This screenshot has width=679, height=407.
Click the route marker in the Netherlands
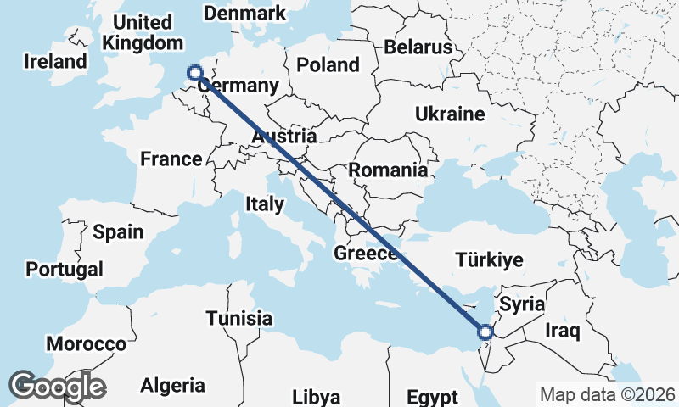195,73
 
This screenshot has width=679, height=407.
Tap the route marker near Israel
485,332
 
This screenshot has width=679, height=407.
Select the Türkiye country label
489,260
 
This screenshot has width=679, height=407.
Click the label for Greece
366,254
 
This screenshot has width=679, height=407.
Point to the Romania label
389,170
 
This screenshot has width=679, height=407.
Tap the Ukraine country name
450,114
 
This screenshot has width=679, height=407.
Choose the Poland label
328,64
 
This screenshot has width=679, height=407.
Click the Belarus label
418,47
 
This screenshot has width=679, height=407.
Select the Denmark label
245,14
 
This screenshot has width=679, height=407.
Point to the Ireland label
56,62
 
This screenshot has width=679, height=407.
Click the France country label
171,159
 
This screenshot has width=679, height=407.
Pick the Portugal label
65,270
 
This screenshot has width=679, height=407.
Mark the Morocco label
87,344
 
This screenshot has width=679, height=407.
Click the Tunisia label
239,319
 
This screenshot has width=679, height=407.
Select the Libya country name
316,397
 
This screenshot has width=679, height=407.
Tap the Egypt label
431,397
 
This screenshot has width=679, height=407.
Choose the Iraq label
563,329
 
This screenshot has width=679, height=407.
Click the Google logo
57,386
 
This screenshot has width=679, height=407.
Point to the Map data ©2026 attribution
608,394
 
